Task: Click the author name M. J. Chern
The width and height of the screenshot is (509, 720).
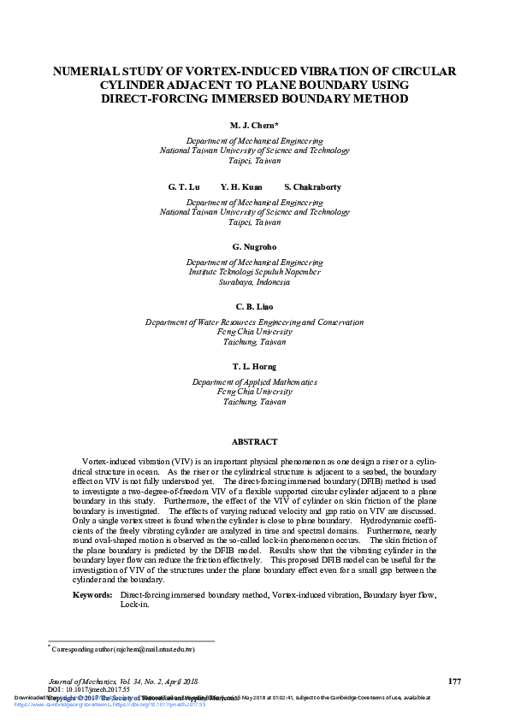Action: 254,125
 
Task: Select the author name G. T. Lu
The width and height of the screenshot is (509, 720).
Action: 183,186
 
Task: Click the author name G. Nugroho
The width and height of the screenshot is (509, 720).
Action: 254,246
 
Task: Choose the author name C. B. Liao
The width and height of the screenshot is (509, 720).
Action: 254,306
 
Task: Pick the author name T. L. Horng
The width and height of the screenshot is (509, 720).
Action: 254,366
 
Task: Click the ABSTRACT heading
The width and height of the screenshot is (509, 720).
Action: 254,442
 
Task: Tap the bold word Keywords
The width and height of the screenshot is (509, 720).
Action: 92,593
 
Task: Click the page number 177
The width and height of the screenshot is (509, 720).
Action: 454,681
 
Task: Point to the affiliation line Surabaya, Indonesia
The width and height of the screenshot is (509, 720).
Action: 254,281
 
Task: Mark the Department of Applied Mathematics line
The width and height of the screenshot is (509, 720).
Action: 254,382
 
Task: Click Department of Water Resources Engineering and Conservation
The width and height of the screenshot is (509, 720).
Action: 254,322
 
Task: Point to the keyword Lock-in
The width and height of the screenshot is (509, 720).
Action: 133,604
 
